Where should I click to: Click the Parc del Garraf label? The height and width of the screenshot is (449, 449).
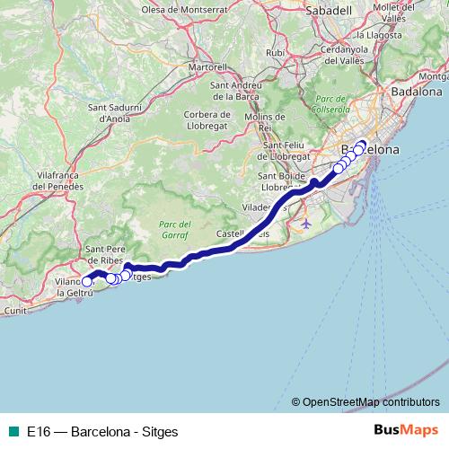tap(168, 228)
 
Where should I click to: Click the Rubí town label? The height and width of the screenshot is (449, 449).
tap(275, 53)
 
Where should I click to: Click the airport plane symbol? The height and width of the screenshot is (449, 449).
tap(307, 222)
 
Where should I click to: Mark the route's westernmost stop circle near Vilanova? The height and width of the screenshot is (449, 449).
tap(87, 282)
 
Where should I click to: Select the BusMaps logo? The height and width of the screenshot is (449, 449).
tap(406, 431)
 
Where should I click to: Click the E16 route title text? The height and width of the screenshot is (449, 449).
tap(102, 431)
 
